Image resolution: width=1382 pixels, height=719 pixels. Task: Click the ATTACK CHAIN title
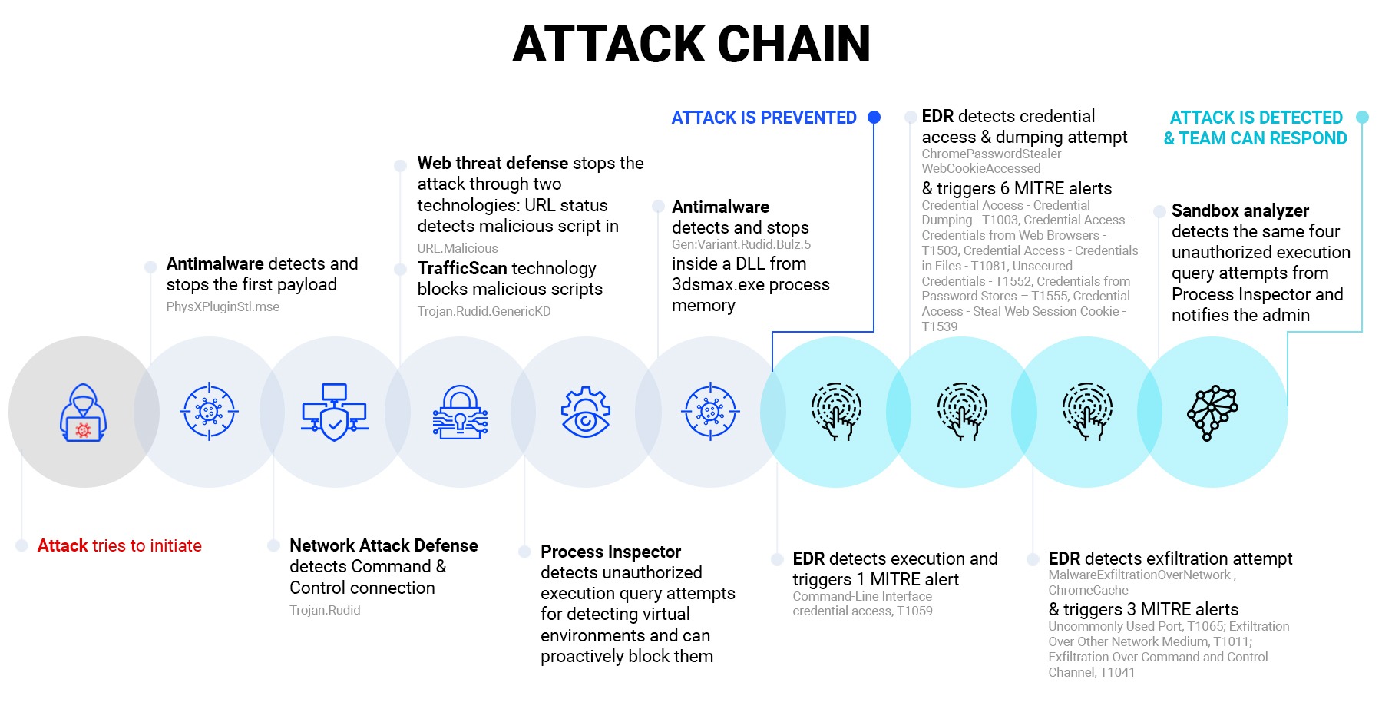[x=691, y=44]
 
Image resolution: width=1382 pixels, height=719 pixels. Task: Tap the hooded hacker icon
[x=83, y=413]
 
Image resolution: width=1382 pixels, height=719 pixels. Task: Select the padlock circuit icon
[x=460, y=413]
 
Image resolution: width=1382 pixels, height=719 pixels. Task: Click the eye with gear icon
[x=585, y=413]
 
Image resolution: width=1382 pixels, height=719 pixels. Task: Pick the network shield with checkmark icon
[x=334, y=413]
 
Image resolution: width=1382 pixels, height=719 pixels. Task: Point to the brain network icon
[x=1212, y=413]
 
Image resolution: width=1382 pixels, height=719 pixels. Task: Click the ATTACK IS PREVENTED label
[x=763, y=118]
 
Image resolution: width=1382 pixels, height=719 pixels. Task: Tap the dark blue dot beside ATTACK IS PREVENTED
[x=874, y=118]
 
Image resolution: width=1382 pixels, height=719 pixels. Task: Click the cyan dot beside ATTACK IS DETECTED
[x=1362, y=117]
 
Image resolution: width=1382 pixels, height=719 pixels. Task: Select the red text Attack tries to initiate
[x=120, y=545]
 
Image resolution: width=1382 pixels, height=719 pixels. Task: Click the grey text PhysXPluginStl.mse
[x=223, y=306]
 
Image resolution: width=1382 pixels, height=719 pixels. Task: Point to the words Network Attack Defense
[x=383, y=545]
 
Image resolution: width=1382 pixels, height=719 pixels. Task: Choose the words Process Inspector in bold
[x=610, y=552]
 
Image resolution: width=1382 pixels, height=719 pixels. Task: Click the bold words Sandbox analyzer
[x=1240, y=210]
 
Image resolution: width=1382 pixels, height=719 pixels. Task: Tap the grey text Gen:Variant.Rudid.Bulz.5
[x=741, y=244]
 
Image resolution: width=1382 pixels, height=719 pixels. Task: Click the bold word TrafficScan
[x=461, y=268]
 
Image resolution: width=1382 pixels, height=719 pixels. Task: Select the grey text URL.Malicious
[x=458, y=248]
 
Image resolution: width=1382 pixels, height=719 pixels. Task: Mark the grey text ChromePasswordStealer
[x=991, y=154]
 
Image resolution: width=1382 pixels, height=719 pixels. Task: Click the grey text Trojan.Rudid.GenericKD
[x=484, y=311]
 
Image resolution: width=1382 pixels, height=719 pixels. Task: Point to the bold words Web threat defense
[x=492, y=163]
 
